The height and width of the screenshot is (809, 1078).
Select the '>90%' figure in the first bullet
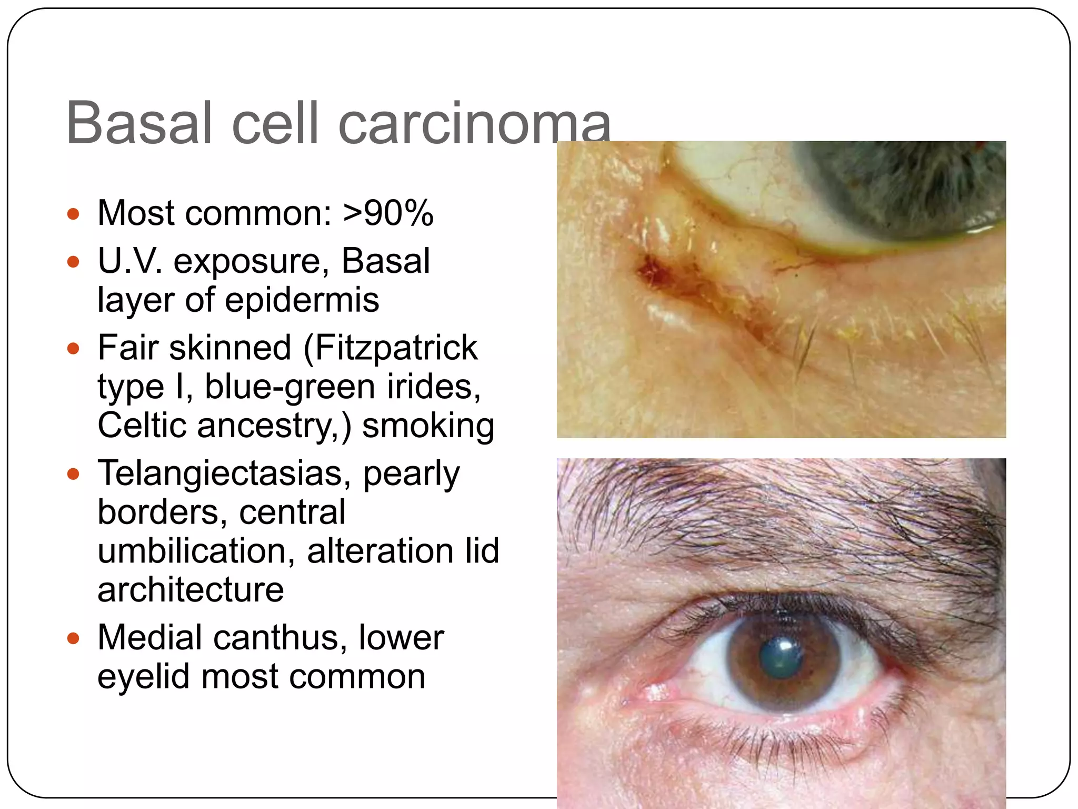pyautogui.click(x=388, y=213)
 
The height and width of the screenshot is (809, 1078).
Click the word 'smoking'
pyautogui.click(x=428, y=426)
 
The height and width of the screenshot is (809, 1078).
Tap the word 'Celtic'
pyautogui.click(x=142, y=426)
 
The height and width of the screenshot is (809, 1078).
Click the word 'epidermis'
pyautogui.click(x=302, y=300)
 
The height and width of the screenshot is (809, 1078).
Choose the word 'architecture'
pyautogui.click(x=191, y=590)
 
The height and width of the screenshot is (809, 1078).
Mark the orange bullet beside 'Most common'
pyautogui.click(x=73, y=214)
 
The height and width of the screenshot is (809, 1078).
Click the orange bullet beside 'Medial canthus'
pyautogui.click(x=73, y=639)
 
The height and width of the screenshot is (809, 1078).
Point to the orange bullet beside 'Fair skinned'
pyautogui.click(x=73, y=349)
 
